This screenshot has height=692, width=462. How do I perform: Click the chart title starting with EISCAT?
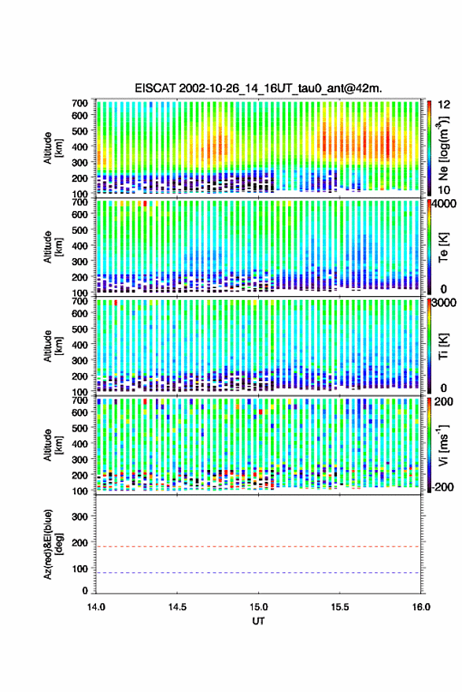pos(259,88)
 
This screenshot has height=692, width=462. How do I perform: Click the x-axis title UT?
pos(259,621)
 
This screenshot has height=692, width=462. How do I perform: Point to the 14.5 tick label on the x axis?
pos(177,607)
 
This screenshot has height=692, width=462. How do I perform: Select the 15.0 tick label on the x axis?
pos(258,607)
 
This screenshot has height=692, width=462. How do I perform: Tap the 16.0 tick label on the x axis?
pos(421,607)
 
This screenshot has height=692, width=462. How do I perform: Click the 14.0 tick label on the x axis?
pos(96,607)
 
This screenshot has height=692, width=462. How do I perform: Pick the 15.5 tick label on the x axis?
pos(340,607)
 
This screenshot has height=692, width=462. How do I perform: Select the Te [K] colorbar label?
pos(443,247)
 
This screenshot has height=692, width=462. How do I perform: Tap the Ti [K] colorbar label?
pos(443,346)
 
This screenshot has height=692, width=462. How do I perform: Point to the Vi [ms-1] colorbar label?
pos(442,445)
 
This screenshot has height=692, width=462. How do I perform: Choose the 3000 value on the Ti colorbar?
pos(445,302)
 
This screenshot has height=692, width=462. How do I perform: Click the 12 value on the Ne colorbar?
pos(445,105)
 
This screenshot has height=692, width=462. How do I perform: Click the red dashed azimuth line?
pos(258,546)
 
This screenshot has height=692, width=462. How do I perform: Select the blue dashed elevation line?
pos(258,573)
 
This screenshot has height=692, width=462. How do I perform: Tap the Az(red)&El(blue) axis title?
pos(53,545)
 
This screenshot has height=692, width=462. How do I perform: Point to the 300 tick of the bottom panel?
pos(79,516)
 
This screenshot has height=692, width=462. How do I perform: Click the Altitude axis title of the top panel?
pos(53,148)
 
